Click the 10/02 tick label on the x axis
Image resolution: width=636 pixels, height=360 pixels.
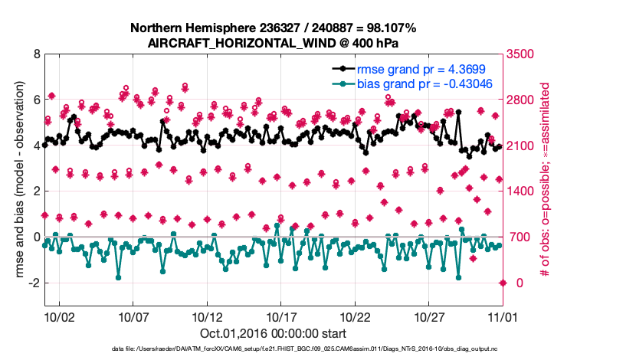click(59, 316)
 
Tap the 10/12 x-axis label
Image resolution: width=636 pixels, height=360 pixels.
click(208, 316)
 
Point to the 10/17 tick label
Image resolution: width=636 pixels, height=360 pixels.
click(281, 316)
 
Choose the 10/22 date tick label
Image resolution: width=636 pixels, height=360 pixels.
click(356, 316)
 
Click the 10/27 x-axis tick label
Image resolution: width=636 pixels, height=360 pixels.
click(430, 316)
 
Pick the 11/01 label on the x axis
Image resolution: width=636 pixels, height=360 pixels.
click(503, 316)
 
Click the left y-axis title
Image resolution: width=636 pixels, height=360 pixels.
click(15, 180)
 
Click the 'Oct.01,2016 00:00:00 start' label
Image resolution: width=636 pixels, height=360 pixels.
click(273, 334)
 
